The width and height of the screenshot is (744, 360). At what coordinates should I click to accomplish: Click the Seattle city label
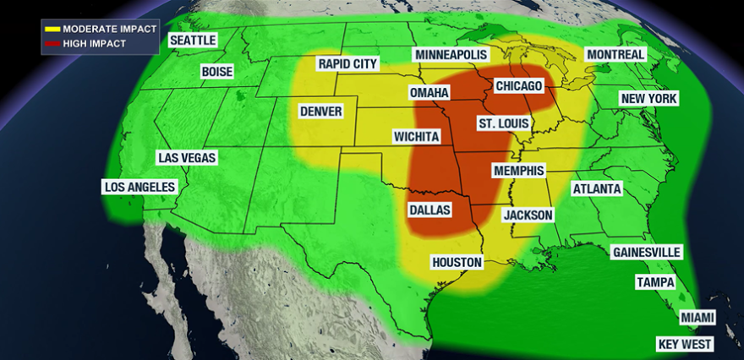[193, 40]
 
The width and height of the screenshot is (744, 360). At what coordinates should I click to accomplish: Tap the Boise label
[217, 72]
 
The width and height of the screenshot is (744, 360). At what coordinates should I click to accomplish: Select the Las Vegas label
[188, 158]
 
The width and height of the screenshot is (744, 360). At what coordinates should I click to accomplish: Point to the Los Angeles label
[139, 187]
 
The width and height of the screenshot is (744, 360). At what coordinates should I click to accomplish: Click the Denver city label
[320, 112]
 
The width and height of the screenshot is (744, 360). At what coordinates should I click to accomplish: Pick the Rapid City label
[347, 64]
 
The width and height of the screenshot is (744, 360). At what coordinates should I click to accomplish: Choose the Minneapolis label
[451, 55]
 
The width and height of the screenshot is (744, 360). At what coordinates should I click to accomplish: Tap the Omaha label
[429, 92]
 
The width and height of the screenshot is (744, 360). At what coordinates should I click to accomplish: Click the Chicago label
[519, 86]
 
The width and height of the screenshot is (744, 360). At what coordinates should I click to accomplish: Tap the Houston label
[457, 263]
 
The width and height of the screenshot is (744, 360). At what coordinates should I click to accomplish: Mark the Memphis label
[518, 171]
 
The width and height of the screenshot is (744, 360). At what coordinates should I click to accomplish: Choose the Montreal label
[615, 55]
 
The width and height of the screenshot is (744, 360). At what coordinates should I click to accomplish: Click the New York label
[649, 99]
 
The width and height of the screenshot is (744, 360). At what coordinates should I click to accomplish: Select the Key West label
[686, 345]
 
